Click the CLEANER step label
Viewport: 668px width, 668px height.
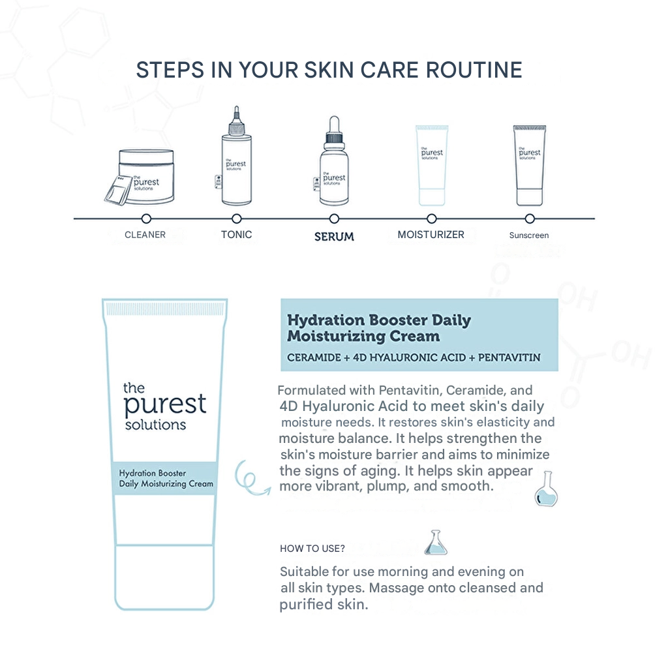145,235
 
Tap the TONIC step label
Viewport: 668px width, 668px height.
236,235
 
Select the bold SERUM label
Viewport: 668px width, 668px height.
334,236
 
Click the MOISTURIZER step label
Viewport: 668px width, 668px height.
431,235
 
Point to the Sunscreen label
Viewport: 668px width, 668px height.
529,235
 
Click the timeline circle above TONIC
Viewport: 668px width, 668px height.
236,219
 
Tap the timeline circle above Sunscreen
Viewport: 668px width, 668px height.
530,219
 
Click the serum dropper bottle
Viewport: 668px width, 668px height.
334,163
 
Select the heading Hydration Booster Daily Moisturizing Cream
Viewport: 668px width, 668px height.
378,328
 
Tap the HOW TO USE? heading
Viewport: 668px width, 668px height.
312,549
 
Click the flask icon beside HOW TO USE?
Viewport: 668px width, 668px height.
435,543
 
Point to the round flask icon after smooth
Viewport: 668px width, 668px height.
546,490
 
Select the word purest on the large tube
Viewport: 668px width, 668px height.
164,404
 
